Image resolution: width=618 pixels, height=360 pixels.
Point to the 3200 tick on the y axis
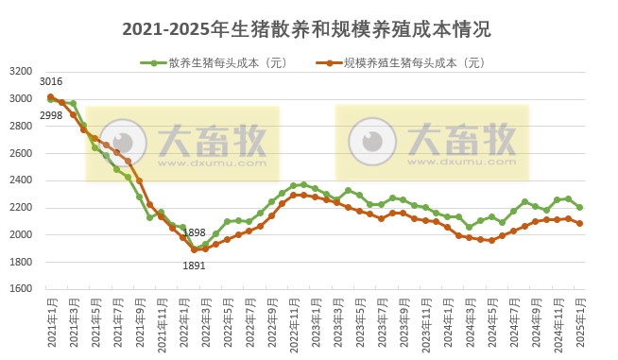[x=21, y=71]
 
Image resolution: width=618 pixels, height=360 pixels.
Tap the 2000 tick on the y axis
[x=21, y=234]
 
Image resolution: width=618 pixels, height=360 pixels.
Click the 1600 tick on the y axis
[x=21, y=289]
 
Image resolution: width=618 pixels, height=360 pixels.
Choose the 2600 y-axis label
[x=21, y=153]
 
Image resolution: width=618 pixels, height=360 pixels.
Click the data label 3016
[x=51, y=83]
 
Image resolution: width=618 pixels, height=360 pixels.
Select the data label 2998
[x=51, y=115]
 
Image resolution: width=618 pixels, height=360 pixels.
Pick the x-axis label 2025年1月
[x=580, y=322]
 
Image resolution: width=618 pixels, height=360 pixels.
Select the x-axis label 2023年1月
[x=316, y=322]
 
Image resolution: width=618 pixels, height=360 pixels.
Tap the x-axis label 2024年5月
[x=492, y=322]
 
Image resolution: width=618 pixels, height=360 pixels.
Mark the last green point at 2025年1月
[x=579, y=207]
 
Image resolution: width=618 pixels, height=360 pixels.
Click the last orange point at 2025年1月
[x=579, y=224]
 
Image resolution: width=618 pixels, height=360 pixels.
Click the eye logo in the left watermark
[x=124, y=144]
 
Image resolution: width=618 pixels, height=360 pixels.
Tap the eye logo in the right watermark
[x=372, y=142]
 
